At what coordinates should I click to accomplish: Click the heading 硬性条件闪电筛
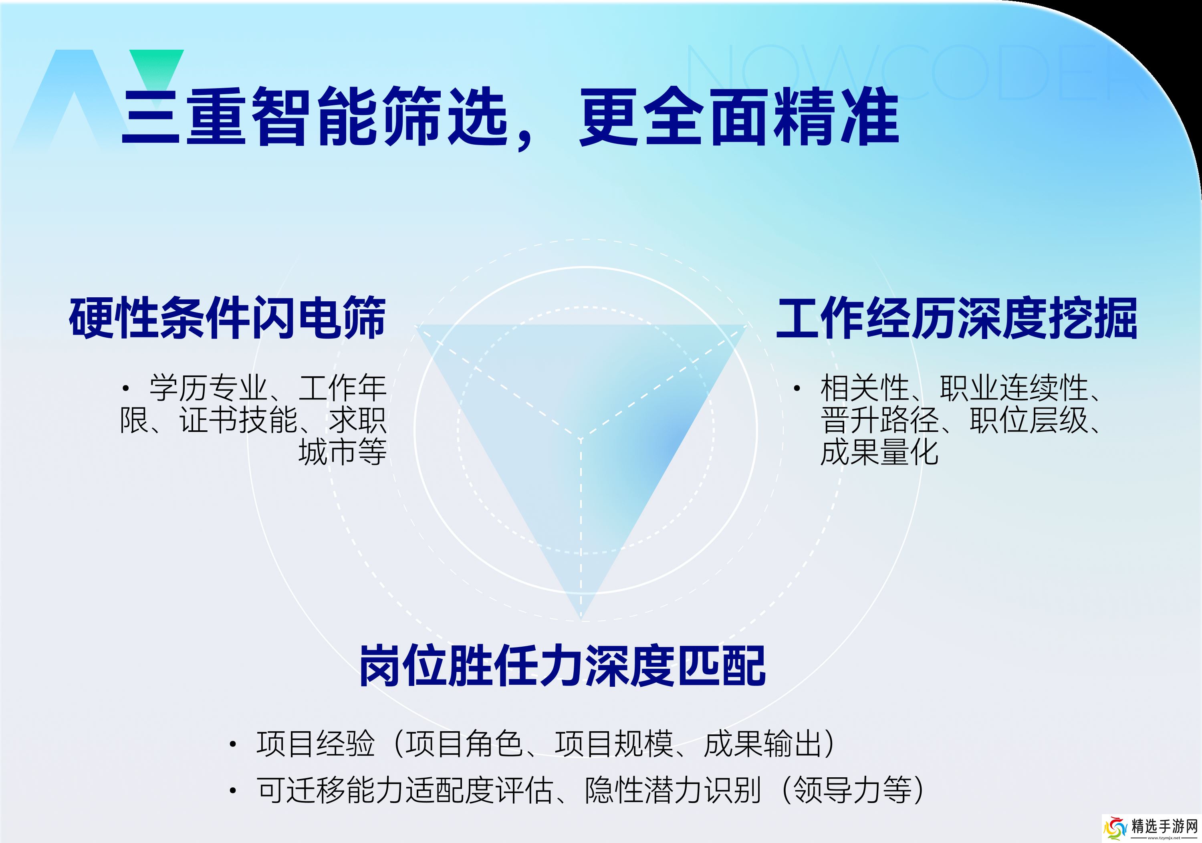pos(227,318)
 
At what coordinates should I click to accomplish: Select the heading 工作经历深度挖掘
pos(956,318)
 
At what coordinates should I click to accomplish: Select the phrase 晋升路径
pos(879,420)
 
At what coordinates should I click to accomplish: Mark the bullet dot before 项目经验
pos(233,744)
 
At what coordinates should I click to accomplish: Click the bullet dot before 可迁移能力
pos(233,790)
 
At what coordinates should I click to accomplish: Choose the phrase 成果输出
pos(763,744)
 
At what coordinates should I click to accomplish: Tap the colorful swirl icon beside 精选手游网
pos(1115,829)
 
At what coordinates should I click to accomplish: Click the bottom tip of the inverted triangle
pos(581,621)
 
